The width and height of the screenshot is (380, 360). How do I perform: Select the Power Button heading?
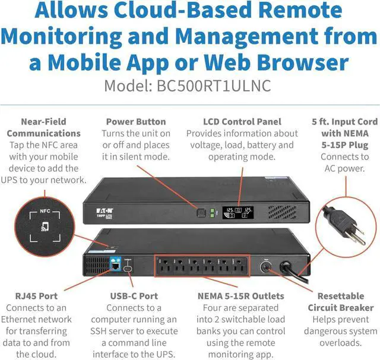tap(136, 122)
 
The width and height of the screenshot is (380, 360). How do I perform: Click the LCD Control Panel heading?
tap(242, 122)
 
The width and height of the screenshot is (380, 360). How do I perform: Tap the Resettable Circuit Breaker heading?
tap(341, 302)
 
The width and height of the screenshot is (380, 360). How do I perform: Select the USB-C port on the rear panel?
tap(128, 268)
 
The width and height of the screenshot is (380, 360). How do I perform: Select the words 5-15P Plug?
tap(344, 145)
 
